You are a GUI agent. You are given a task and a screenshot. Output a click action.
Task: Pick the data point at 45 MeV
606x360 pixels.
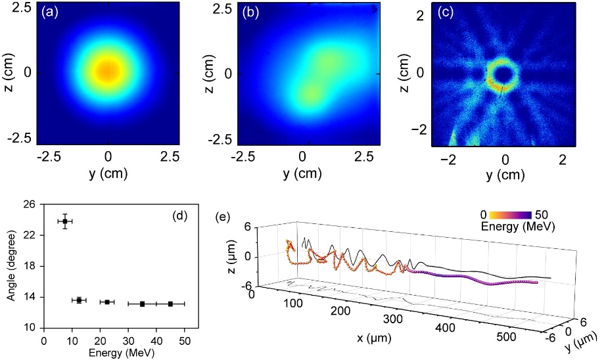pos(170,304)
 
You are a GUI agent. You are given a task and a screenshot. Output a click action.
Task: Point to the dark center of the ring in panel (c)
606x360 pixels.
pos(503,76)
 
